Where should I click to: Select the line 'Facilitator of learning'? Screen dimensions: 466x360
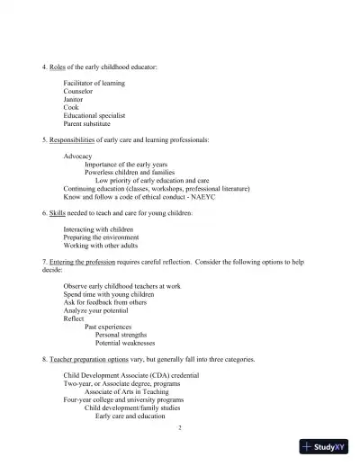tap(94, 84)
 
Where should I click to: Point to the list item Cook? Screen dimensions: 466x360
tap(71, 108)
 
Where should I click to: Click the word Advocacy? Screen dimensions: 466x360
tap(77, 157)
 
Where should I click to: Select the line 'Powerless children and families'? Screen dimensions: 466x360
tap(130, 173)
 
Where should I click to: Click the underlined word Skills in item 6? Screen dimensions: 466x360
tap(58, 213)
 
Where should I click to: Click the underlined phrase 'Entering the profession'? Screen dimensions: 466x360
tap(82, 262)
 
